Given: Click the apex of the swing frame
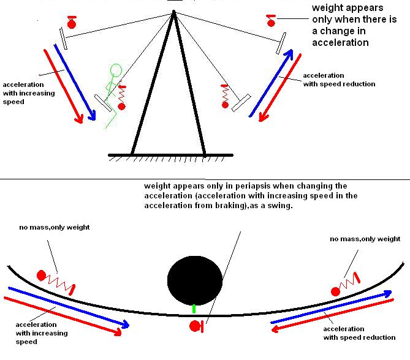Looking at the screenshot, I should point(175,12).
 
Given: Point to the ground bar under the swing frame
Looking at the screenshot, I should point(170,154).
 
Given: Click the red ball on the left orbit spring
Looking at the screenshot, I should point(42,275).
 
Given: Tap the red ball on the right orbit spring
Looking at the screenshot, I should point(335,288).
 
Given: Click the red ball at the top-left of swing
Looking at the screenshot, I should point(72,24).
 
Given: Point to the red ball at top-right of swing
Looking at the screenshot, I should point(271,23).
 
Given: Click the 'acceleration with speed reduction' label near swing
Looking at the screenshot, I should point(339,80).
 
